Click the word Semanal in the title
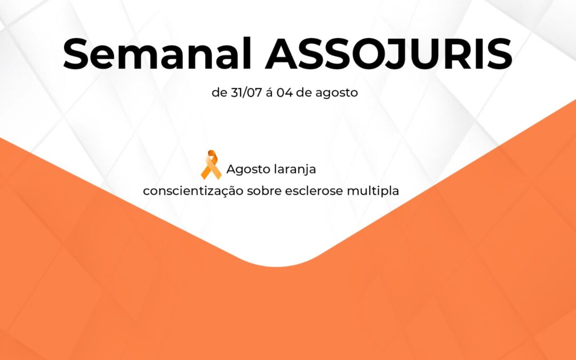tap(157, 54)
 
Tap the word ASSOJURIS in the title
tap(389, 54)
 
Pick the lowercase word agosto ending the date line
tap(337, 93)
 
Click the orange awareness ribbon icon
tap(211, 165)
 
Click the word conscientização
tap(193, 191)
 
